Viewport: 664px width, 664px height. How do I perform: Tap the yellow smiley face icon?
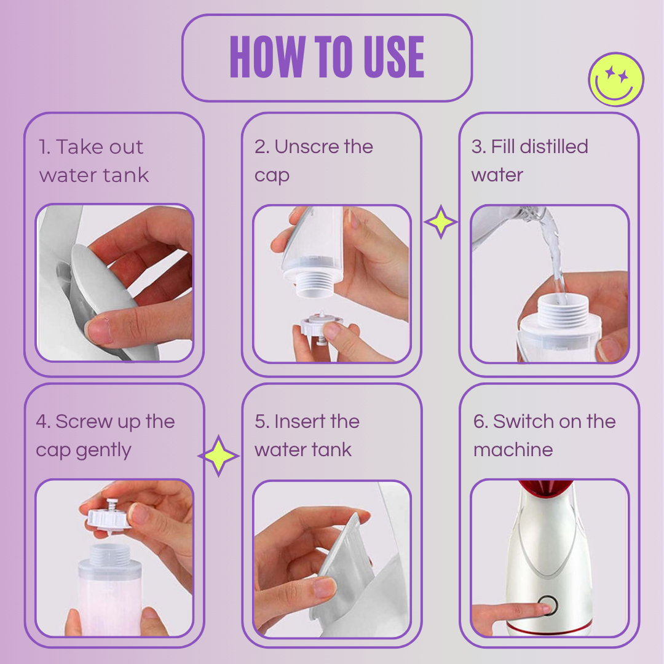(x=616, y=79)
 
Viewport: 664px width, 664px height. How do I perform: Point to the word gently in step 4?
(x=103, y=451)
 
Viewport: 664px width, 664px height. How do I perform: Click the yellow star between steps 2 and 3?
(x=440, y=223)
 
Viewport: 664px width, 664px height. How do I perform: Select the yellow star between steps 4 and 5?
(x=219, y=456)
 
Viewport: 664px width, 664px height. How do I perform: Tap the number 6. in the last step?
(x=480, y=422)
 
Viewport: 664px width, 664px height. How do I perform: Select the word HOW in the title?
(x=261, y=57)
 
